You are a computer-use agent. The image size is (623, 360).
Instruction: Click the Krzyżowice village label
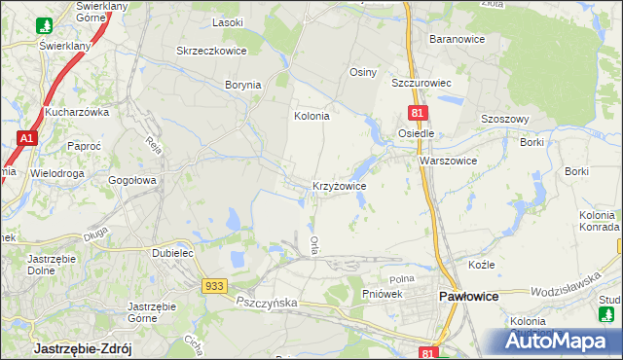(x=339, y=185)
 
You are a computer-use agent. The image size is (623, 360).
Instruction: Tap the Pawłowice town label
(x=472, y=295)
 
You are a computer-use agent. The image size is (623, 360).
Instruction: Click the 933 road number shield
(x=215, y=285)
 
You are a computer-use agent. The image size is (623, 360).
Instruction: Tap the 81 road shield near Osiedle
(x=416, y=114)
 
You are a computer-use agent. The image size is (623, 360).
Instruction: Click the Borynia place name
(x=243, y=85)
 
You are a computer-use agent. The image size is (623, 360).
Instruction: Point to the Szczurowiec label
(x=422, y=84)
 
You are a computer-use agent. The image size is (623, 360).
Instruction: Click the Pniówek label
(x=382, y=294)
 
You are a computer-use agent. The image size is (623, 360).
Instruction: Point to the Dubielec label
(x=174, y=252)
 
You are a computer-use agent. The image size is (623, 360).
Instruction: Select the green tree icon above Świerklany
(x=44, y=24)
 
